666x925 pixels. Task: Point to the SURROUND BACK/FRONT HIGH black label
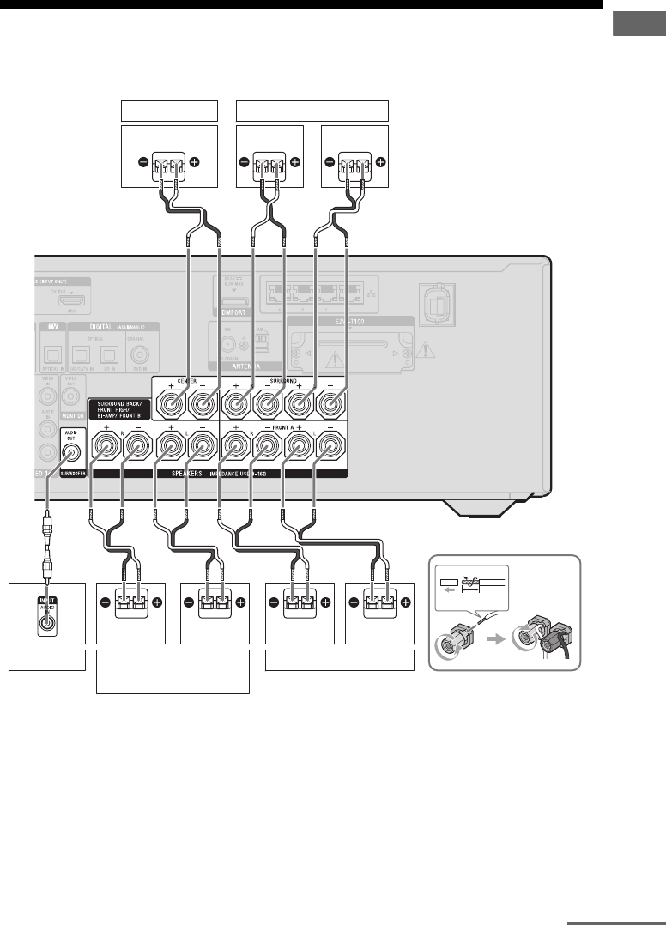pos(120,410)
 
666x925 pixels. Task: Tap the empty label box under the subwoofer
pos(47,660)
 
